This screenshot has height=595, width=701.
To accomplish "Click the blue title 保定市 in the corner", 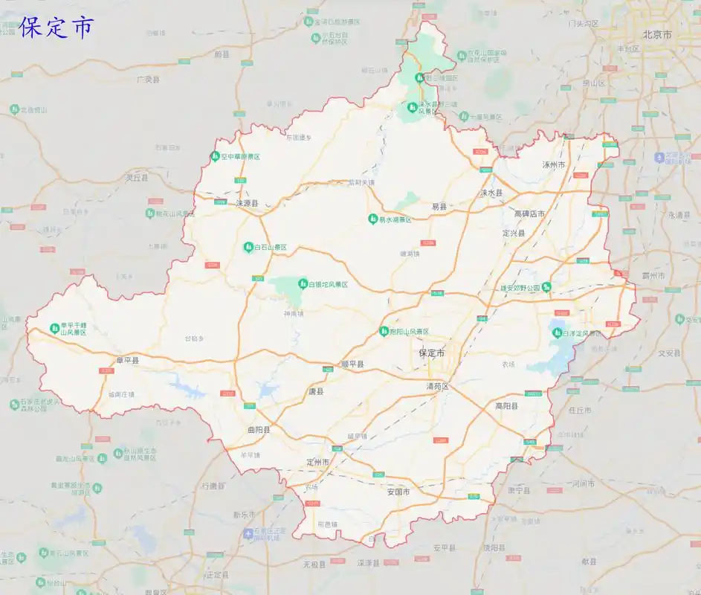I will (56, 27).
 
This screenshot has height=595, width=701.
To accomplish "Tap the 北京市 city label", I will (657, 35).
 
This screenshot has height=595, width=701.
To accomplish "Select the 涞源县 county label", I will (247, 202).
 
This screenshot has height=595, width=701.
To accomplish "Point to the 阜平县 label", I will (127, 361).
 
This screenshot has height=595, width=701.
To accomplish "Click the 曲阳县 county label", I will (259, 430).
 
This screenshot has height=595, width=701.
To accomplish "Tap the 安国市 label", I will (398, 492).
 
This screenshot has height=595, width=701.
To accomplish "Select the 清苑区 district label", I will (438, 387).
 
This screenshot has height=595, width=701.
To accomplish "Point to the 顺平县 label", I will (352, 364).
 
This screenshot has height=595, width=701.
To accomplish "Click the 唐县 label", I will (316, 390).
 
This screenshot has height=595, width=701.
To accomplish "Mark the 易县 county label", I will (439, 206).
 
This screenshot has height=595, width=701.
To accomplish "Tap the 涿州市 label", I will (554, 164).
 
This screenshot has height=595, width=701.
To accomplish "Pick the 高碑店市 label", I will (529, 214).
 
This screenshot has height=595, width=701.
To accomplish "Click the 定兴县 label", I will (514, 233).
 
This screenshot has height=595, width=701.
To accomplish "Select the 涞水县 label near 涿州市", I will (491, 193).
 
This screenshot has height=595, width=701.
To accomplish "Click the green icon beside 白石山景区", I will (248, 247).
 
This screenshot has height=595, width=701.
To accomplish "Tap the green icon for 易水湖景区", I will (372, 219).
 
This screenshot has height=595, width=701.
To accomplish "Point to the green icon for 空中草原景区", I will (213, 156).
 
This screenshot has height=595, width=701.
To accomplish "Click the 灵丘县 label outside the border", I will (137, 178).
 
